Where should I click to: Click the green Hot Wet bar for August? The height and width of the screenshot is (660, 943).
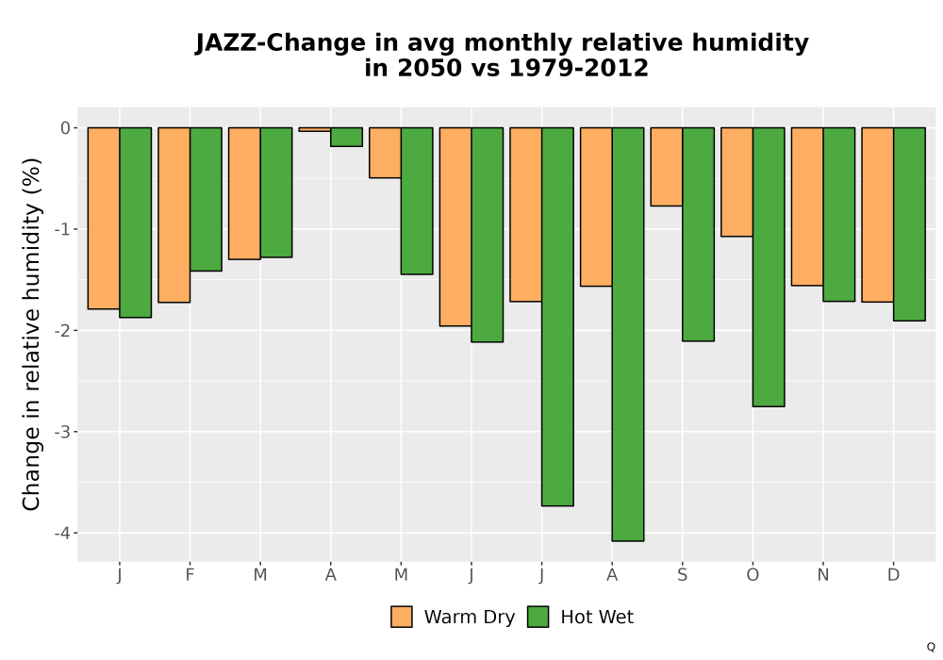[628, 334]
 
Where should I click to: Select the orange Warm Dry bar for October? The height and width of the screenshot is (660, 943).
[736, 182]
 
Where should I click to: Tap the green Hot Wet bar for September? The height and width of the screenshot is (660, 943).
[698, 235]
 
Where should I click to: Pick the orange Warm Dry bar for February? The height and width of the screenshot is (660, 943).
[174, 215]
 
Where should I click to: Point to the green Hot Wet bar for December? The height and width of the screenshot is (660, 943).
[909, 224]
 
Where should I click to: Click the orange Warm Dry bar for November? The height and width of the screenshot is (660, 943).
[807, 206]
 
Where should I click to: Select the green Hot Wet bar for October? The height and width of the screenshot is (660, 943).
[769, 267]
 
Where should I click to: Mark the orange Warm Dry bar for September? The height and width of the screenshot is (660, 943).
[667, 167]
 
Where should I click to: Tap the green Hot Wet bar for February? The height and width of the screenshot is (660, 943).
[206, 200]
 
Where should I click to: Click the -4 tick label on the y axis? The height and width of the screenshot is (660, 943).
[62, 533]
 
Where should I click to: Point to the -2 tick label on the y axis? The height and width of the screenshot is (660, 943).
[62, 331]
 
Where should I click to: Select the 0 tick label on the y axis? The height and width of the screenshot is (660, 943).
[66, 128]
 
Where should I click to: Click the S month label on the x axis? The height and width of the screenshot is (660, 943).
[682, 575]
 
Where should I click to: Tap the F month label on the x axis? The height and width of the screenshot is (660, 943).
[190, 575]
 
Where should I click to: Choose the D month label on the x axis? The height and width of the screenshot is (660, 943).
[894, 575]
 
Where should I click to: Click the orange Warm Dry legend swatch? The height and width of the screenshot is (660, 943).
[402, 617]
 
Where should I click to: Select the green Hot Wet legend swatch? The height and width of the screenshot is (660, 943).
[538, 617]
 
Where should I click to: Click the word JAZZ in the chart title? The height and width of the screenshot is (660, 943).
[226, 43]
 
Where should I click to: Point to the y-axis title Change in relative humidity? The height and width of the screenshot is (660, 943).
[31, 334]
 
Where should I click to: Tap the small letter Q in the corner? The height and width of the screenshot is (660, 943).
[931, 647]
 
